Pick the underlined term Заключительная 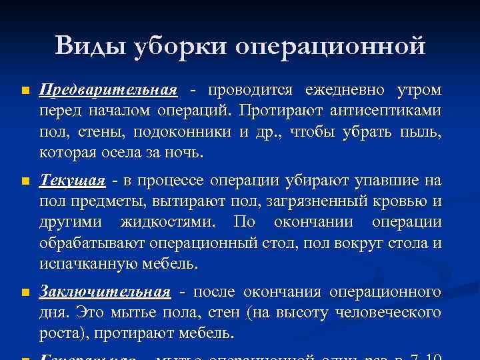click(105, 292)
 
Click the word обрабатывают click(91, 243)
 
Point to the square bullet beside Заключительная click(25, 292)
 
